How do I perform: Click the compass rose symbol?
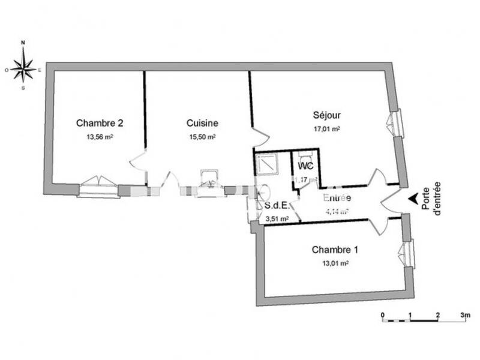click(x=23, y=66)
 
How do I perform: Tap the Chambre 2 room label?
click(x=100, y=123)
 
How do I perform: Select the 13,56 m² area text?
click(x=100, y=137)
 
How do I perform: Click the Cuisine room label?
click(x=202, y=123)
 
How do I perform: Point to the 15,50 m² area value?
click(x=202, y=137)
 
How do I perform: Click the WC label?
click(x=305, y=165)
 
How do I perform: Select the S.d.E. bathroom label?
click(x=275, y=206)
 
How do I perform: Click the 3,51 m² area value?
click(x=277, y=219)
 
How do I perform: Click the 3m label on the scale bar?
click(x=464, y=314)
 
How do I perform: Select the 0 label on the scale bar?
click(x=383, y=314)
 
